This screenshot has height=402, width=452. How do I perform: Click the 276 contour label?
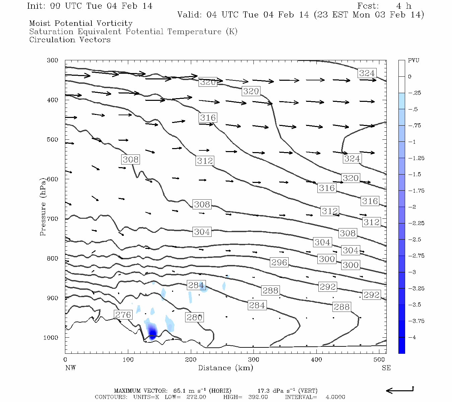click(x=123, y=315)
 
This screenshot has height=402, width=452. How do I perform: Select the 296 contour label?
click(x=279, y=262)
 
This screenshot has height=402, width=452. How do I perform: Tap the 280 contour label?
click(x=194, y=317)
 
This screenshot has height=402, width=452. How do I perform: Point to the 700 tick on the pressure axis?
click(x=52, y=219)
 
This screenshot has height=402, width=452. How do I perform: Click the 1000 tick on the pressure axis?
click(x=51, y=338)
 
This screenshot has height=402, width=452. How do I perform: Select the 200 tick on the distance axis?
click(x=191, y=360)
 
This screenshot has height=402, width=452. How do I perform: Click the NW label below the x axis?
click(x=70, y=368)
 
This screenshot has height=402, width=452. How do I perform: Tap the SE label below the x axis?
click(x=386, y=368)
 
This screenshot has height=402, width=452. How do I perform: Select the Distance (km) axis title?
click(x=225, y=368)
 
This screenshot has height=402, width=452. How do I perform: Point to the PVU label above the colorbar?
click(x=413, y=61)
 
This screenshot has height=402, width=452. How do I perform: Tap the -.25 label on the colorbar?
click(x=414, y=93)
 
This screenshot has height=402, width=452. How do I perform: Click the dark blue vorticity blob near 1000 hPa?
click(x=152, y=332)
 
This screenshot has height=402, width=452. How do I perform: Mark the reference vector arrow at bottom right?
click(x=400, y=390)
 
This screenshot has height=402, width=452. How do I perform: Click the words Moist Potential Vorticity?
click(x=81, y=23)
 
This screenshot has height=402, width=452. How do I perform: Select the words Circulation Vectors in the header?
click(x=70, y=40)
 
